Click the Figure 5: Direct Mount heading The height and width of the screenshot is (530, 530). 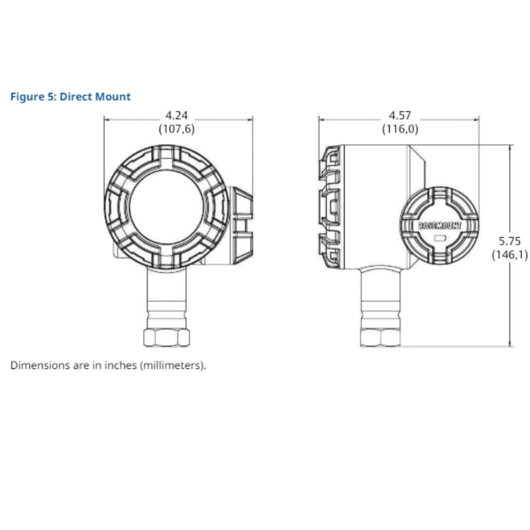(x=70, y=97)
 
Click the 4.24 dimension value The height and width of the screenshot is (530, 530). (x=176, y=115)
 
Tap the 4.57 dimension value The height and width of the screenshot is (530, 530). (x=399, y=115)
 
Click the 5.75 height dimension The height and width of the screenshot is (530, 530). (x=509, y=241)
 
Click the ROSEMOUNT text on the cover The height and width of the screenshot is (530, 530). (x=440, y=225)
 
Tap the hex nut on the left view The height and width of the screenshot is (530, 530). (x=166, y=337)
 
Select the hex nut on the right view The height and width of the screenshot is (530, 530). (x=380, y=337)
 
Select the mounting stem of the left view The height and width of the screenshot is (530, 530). (x=166, y=298)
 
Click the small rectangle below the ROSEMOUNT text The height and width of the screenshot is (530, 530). (x=439, y=236)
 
